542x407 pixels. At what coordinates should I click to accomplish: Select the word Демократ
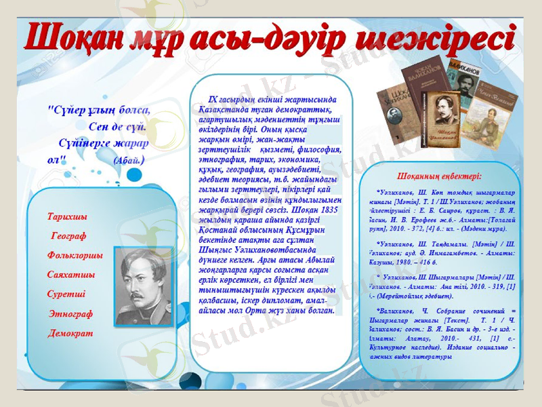pyautogui.click(x=70, y=334)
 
